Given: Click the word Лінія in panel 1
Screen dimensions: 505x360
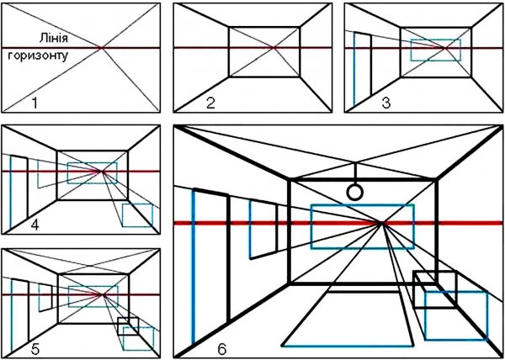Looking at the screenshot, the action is pos(54,39).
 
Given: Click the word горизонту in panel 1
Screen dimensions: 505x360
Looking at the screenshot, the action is pos(38,56).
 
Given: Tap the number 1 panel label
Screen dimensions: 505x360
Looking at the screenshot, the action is pos(35,103).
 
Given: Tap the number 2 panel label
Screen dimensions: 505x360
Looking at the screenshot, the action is pos(210,103).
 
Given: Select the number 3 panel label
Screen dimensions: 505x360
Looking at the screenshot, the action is pos(386,103).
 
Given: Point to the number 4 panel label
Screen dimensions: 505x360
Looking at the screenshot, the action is pos(35,225).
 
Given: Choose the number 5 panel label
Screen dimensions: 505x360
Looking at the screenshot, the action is pos(35,350).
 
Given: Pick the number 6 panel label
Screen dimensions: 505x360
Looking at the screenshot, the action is pos(222,350).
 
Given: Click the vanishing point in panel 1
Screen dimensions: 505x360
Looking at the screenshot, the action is pos(101,48).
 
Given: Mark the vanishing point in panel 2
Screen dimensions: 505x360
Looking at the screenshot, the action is pos(274,48).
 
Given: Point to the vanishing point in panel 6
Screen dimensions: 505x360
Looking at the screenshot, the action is pos(381,222).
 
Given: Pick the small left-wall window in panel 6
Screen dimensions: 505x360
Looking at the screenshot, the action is pos(250,230).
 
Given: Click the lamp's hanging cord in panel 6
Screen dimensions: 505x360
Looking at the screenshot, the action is pos(355,173).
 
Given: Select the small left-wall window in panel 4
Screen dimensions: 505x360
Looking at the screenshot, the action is pos(38,174).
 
